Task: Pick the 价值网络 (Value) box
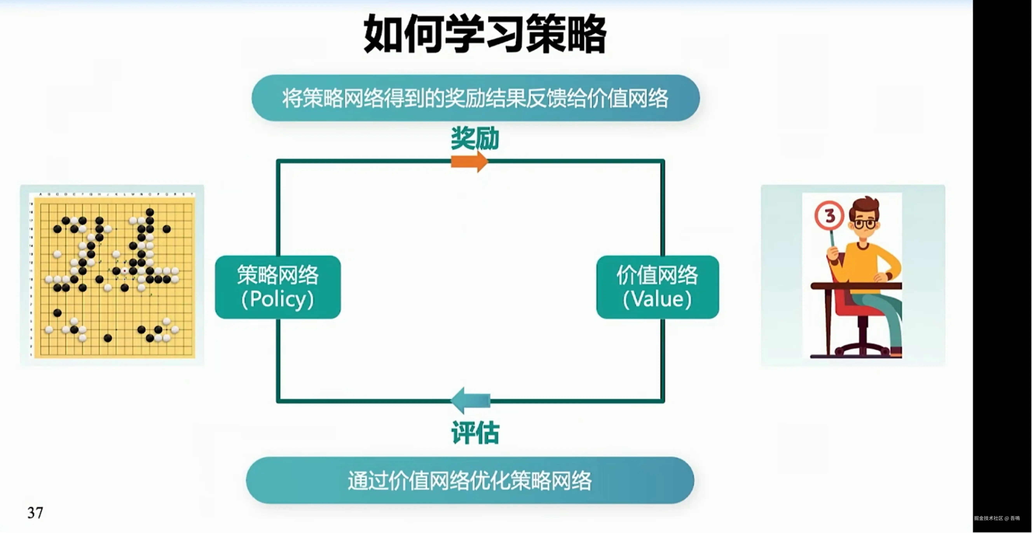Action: pos(657,287)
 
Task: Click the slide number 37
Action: pos(35,513)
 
